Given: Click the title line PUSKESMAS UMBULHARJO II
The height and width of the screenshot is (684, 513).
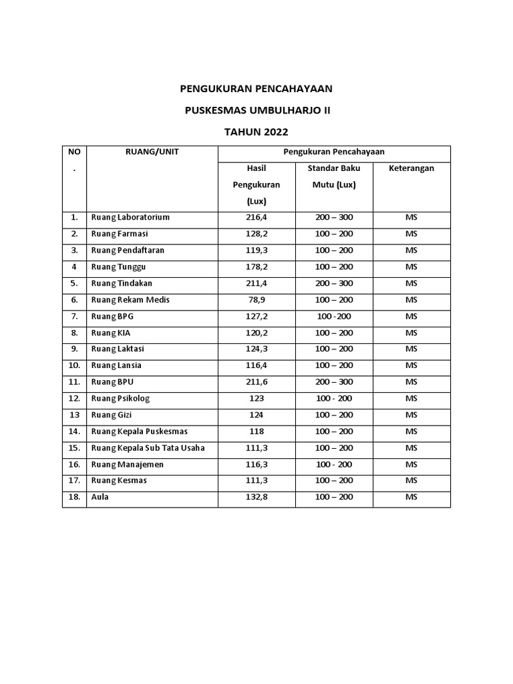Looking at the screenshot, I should pos(257,110).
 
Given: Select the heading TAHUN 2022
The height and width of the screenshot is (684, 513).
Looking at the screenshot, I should pos(257,132).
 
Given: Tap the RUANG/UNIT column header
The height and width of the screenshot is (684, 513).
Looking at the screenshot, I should pos(152,152).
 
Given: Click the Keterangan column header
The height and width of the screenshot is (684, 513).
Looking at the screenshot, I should pos(411,168).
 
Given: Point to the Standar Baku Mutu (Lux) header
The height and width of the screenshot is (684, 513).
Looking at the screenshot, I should pos(334,176).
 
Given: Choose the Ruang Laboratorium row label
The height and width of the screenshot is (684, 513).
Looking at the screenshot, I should pos(130,217).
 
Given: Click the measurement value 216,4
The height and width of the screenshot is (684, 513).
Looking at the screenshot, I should pos(256,217).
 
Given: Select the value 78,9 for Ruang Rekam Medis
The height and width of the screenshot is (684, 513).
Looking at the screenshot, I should pos(256,300).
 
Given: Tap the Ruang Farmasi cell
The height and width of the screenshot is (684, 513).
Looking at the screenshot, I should pos(120,234).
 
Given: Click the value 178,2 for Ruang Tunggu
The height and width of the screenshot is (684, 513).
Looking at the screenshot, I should pos(256,267).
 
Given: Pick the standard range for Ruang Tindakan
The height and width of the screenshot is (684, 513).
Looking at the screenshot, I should pos(334,283).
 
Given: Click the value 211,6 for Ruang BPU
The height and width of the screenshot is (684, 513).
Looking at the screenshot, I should pos(256,382).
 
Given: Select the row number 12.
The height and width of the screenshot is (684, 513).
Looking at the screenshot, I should pos(74,399).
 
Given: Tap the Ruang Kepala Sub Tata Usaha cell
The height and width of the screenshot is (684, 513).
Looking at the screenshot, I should pos(148,448).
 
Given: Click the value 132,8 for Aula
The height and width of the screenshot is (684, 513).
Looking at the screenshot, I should pos(256,498).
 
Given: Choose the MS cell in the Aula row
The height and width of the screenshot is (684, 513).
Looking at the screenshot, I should pos(411,498).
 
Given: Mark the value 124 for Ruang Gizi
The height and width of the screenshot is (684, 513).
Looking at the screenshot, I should pos(256,415).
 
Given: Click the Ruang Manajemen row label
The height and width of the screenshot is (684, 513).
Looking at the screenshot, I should pos(127,464).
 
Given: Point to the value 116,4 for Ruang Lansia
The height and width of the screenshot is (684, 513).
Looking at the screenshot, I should pos(256,365).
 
